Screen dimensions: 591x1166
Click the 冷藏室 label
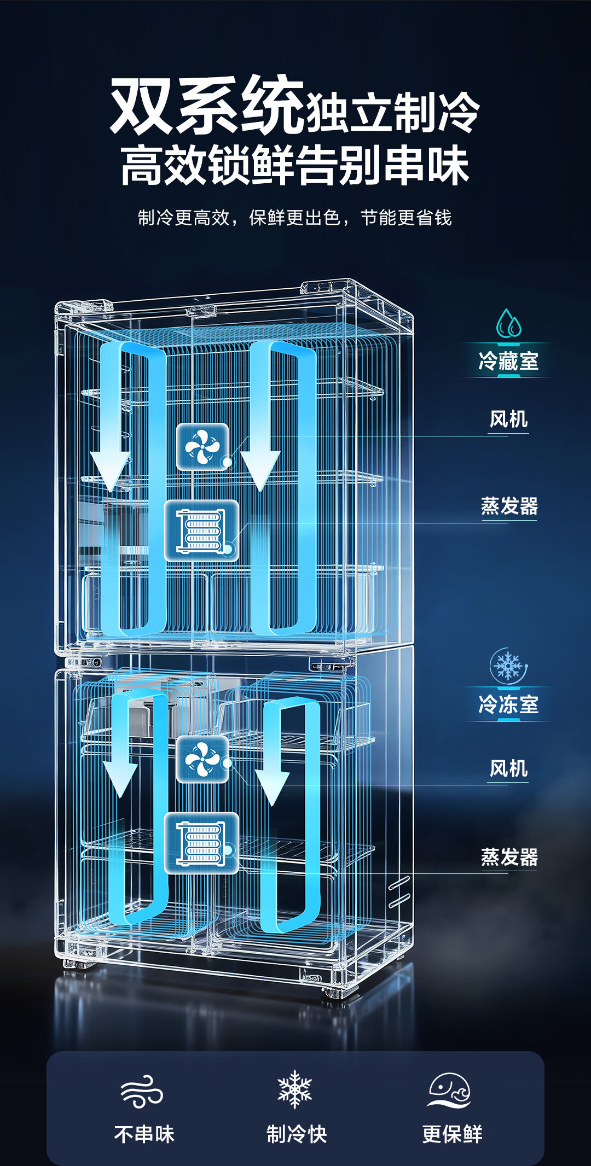coord(508,361)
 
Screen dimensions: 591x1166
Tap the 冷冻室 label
coord(508,704)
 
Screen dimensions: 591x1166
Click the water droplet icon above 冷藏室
coord(508,323)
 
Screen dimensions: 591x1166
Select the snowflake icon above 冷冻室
coord(508,666)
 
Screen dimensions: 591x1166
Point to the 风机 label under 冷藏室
coord(508,419)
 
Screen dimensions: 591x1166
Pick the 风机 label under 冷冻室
coord(508,768)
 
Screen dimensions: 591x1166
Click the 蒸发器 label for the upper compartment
coord(509,506)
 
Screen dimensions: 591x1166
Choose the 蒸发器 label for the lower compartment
coord(509,857)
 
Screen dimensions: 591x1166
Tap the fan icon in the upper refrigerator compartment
coord(202,446)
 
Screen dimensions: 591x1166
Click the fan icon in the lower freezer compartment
coord(202,759)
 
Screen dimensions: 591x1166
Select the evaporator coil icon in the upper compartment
coord(201,530)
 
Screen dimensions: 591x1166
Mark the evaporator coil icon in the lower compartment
coord(201,843)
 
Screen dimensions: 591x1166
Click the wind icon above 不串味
coord(142,1092)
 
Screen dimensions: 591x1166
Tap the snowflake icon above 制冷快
coord(295,1089)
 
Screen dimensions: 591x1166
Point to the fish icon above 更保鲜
coord(449,1091)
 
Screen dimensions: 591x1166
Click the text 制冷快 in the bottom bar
coord(297,1134)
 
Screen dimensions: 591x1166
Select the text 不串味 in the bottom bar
coord(144,1134)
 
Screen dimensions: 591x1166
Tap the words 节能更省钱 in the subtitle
coord(406,218)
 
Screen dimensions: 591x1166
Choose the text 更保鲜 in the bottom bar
coord(452,1134)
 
